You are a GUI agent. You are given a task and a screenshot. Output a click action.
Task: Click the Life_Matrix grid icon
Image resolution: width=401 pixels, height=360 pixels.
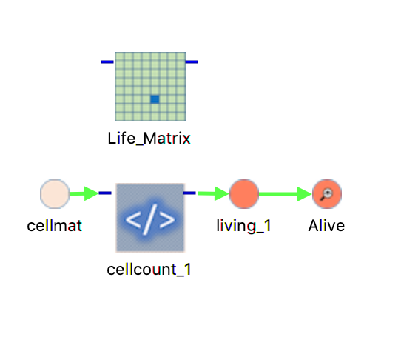click(150, 87)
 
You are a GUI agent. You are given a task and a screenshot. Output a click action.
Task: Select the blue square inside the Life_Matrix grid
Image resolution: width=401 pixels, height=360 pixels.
click(155, 99)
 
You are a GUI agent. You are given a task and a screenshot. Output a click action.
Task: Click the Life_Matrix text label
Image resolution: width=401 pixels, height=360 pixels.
click(149, 139)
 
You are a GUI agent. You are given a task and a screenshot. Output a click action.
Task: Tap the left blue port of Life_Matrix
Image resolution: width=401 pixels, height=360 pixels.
click(107, 61)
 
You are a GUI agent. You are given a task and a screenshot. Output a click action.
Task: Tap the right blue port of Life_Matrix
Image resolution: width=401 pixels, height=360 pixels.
click(192, 61)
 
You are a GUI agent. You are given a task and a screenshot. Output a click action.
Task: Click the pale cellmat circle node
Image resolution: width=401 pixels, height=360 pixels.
click(55, 194)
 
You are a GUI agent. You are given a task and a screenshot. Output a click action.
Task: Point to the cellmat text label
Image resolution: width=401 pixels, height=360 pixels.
click(55, 226)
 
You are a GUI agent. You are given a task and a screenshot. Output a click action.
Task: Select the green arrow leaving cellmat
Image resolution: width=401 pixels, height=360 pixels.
click(84, 193)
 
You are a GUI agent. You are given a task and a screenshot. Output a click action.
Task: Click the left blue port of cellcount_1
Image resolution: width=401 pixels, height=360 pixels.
click(105, 193)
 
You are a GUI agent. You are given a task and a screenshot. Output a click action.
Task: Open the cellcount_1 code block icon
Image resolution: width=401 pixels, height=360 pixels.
click(150, 218)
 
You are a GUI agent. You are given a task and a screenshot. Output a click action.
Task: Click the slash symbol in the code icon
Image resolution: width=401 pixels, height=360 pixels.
click(150, 219)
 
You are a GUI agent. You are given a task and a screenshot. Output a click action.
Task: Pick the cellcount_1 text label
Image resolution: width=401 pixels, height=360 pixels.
click(149, 270)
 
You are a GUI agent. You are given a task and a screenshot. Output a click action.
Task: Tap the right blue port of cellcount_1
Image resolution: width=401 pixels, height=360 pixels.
click(189, 193)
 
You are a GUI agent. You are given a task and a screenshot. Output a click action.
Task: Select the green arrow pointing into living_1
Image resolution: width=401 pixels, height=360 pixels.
click(213, 193)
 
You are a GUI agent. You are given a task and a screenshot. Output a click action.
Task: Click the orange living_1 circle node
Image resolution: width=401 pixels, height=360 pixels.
click(244, 194)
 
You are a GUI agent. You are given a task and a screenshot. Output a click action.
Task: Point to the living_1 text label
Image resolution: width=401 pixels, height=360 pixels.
click(243, 226)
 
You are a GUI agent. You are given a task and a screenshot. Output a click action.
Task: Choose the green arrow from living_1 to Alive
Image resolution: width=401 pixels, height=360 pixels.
click(286, 194)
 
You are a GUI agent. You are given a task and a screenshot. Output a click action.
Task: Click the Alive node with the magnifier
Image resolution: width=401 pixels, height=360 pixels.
click(327, 194)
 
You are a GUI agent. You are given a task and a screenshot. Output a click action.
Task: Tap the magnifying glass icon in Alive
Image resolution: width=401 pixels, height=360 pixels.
click(326, 194)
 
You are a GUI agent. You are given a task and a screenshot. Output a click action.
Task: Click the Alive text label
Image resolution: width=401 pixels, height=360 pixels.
click(326, 226)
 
